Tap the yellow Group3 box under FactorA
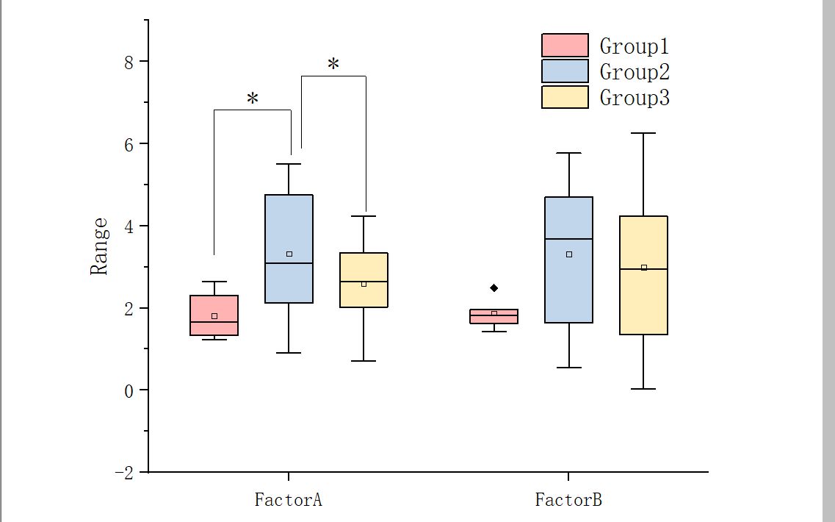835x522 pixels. pyautogui.click(x=364, y=279)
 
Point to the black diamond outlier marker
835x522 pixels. pyautogui.click(x=494, y=287)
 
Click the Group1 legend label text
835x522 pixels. pyautogui.click(x=634, y=46)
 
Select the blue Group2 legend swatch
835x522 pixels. pyautogui.click(x=565, y=71)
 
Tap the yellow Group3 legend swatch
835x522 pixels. pyautogui.click(x=565, y=97)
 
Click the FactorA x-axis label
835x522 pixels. pyautogui.click(x=289, y=501)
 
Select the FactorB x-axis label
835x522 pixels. pyautogui.click(x=568, y=501)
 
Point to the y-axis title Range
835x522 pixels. pyautogui.click(x=99, y=246)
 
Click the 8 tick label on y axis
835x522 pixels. pyautogui.click(x=129, y=61)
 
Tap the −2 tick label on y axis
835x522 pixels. pyautogui.click(x=125, y=473)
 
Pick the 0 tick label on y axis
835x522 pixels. pyautogui.click(x=129, y=390)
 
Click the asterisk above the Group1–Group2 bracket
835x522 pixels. pyautogui.click(x=253, y=99)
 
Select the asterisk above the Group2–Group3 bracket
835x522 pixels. pyautogui.click(x=333, y=65)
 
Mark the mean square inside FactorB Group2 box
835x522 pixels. pyautogui.click(x=569, y=254)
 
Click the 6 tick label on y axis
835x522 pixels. pyautogui.click(x=129, y=143)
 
